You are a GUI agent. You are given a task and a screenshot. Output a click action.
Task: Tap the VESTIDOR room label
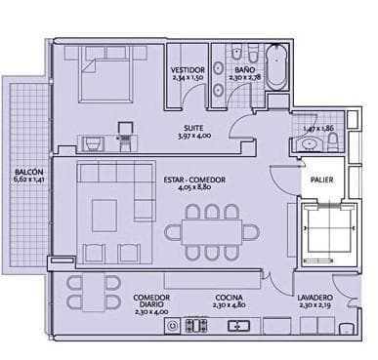pos(187,70)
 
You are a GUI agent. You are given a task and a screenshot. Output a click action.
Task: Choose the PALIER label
pos(321,180)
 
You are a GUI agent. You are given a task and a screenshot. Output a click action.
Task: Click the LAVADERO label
pos(315,298)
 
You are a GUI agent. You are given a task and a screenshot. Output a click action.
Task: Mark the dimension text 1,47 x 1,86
pos(317,128)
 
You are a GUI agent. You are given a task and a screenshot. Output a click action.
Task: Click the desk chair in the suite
pos(124,131)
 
